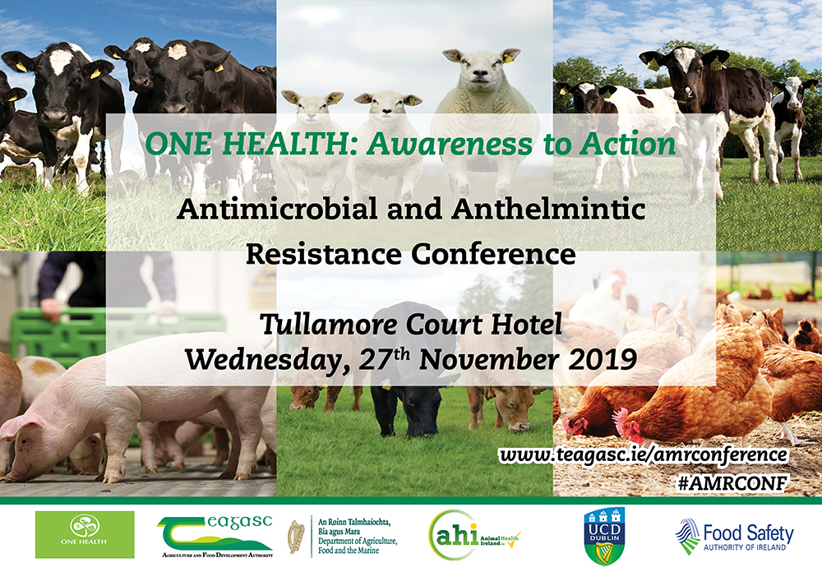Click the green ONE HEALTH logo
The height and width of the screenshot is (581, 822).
84,534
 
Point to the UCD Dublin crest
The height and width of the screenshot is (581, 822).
598,536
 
